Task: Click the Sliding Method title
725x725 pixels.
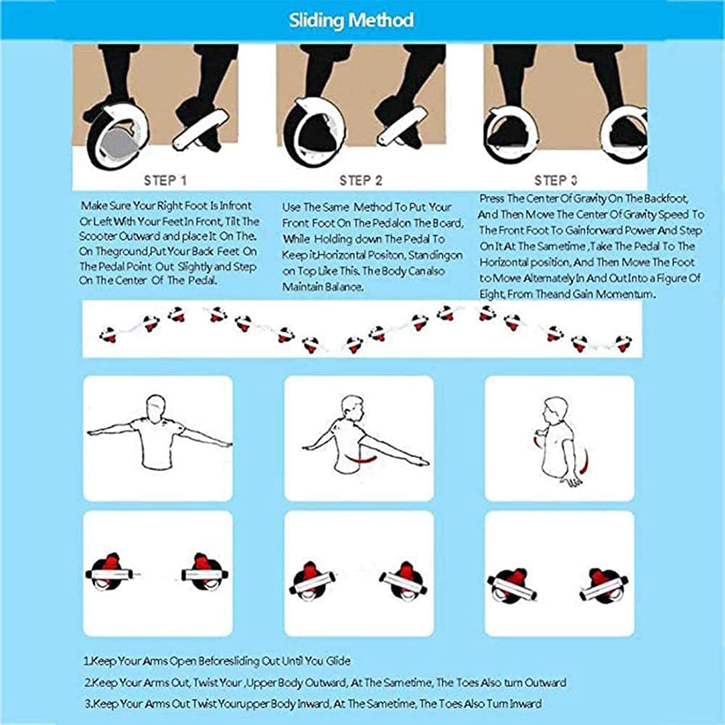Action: coord(351,20)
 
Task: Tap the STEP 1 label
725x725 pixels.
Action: coord(165,181)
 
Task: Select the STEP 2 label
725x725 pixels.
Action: coord(361,181)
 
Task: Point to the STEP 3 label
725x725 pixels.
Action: coord(556,181)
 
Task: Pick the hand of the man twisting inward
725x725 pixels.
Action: coord(573,481)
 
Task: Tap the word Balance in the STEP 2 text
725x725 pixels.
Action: coord(346,287)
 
